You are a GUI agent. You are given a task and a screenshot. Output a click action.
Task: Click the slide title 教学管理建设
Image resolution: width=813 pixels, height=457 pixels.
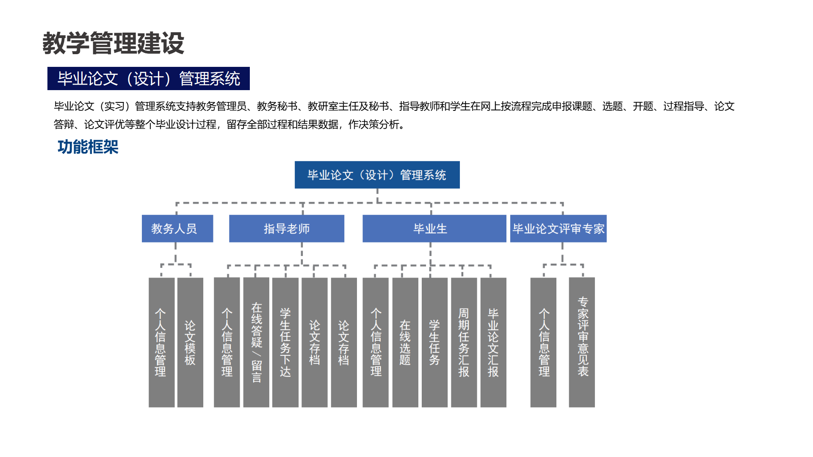coord(113,43)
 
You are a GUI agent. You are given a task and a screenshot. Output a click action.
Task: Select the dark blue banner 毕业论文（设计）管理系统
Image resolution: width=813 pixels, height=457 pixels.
coord(149,79)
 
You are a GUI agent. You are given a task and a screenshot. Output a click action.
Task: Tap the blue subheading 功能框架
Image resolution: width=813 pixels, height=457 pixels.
coord(88,147)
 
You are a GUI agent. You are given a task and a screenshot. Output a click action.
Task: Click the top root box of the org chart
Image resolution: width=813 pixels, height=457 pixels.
coord(377,175)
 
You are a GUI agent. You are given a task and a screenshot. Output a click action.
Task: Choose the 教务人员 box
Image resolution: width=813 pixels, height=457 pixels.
coord(177,228)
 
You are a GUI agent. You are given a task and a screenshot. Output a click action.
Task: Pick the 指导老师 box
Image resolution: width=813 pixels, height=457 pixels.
coord(287,228)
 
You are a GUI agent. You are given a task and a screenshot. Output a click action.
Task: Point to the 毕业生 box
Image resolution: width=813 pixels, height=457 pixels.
coord(434,228)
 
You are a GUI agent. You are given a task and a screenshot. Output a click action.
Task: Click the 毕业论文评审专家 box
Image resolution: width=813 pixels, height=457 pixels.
coord(559,228)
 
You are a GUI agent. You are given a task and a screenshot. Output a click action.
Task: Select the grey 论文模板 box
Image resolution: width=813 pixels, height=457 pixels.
coord(190,342)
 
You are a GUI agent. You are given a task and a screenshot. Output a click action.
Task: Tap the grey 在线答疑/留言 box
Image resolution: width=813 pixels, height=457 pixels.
coord(256,342)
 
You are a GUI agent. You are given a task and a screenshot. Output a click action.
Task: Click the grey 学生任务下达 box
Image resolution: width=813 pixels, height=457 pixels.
coord(285,342)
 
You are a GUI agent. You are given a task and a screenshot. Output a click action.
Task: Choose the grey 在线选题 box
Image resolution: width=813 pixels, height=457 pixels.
coord(405,342)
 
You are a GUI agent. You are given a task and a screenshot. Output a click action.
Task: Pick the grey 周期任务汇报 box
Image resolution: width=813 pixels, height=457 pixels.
coord(464,342)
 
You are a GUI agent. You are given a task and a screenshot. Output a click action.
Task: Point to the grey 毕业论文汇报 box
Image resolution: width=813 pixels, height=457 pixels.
coord(493,342)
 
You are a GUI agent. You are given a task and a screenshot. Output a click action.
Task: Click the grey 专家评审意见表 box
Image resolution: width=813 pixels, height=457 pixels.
coord(582,342)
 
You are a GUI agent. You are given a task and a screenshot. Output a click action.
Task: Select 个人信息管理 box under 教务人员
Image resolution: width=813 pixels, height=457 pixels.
coord(162,342)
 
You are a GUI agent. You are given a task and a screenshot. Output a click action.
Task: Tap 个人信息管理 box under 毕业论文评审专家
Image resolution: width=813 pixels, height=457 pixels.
coord(543,342)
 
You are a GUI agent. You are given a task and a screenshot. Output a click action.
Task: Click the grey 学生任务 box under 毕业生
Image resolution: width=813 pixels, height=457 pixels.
coord(434,342)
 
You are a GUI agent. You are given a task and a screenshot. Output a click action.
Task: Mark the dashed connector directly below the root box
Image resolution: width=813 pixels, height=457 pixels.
coord(377,195)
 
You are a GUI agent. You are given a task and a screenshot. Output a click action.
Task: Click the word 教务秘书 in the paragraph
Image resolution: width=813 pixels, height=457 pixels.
coord(277,106)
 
